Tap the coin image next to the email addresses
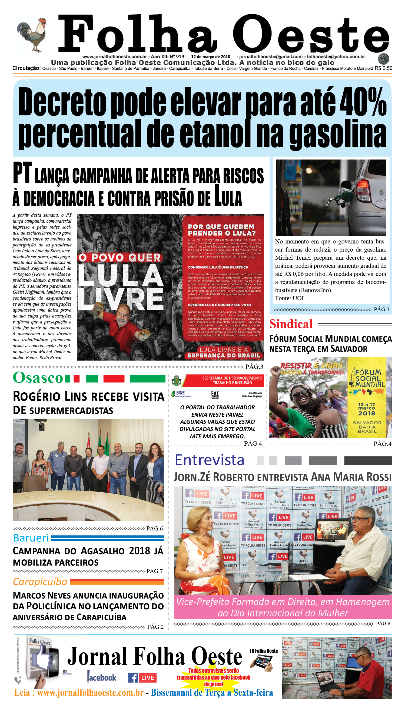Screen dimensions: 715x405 [384, 59]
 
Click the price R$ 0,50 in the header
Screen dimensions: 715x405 [383, 68]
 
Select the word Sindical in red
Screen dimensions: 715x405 [291, 324]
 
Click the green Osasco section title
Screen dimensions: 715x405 [38, 378]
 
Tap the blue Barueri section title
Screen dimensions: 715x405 [31, 538]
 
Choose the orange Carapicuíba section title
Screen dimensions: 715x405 [40, 582]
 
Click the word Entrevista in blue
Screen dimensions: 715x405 [210, 460]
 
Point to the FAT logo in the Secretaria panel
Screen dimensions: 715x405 [215, 394]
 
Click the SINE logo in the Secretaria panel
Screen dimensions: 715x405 [181, 393]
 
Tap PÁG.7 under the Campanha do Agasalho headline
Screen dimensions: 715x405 [154, 571]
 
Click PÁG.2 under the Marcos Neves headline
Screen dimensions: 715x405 [155, 627]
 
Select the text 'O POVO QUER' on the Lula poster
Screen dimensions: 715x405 [120, 258]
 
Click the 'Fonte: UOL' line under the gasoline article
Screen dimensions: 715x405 [290, 298]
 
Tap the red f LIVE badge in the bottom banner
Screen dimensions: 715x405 [142, 678]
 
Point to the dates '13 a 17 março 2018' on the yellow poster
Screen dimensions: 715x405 [367, 409]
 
